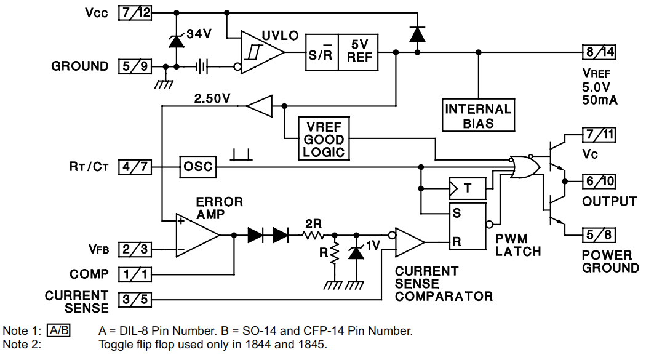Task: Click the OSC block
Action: pyautogui.click(x=197, y=167)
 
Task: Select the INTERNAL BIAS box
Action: pyautogui.click(x=478, y=116)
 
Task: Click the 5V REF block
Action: pyautogui.click(x=359, y=52)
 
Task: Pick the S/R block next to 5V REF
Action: pyautogui.click(x=322, y=52)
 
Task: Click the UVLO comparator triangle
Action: pyautogui.click(x=260, y=52)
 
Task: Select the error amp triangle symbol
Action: pyautogui.click(x=196, y=234)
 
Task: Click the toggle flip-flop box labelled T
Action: pyautogui.click(x=467, y=188)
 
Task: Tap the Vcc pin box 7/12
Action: pyautogui.click(x=134, y=13)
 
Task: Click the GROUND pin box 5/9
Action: pyautogui.click(x=134, y=66)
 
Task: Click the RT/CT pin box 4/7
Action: pyautogui.click(x=134, y=167)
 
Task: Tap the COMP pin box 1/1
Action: pyautogui.click(x=134, y=274)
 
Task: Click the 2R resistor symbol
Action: pyautogui.click(x=314, y=234)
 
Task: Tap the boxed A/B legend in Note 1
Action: pyautogui.click(x=59, y=330)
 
